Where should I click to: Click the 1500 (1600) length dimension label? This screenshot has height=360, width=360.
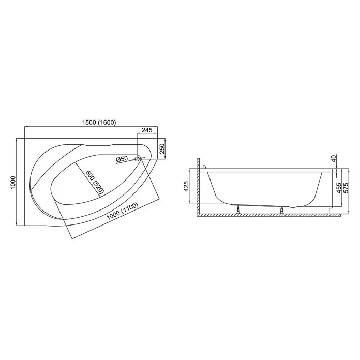99,123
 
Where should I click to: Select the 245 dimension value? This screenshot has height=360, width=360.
147,130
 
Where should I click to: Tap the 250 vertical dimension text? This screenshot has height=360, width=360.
162,149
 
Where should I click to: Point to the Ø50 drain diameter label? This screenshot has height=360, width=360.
122,159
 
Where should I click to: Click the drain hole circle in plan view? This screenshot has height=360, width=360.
137,159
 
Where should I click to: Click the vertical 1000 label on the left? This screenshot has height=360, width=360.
13,183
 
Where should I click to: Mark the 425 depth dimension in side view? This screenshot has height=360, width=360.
186,186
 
